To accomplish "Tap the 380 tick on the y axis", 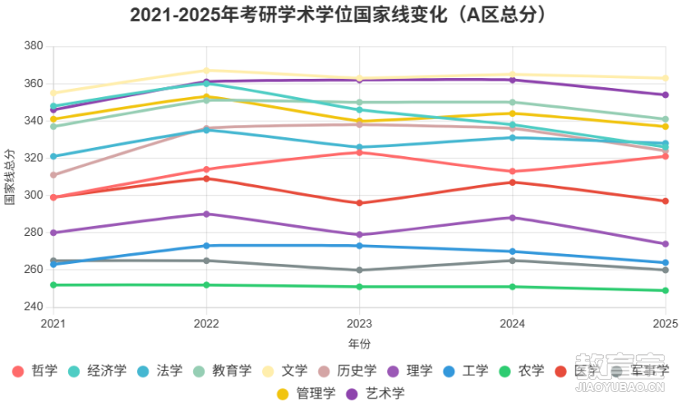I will pyautogui.click(x=33, y=46).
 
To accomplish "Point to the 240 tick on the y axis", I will pyautogui.click(x=33, y=307).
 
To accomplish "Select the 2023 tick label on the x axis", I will pyautogui.click(x=359, y=324).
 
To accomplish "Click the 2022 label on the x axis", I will pyautogui.click(x=206, y=324).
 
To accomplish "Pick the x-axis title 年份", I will pyautogui.click(x=359, y=343).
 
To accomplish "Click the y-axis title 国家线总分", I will pyautogui.click(x=10, y=177).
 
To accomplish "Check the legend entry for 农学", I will pyautogui.click(x=521, y=371).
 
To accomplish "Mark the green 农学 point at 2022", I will pyautogui.click(x=206, y=285).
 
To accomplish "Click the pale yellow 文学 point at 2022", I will pyautogui.click(x=206, y=71).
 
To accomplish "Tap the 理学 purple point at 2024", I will pyautogui.click(x=513, y=218).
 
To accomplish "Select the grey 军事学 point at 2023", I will pyautogui.click(x=359, y=270).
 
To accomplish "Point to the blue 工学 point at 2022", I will pyautogui.click(x=206, y=246).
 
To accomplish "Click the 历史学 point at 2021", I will pyautogui.click(x=53, y=175).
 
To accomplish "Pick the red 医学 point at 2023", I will pyautogui.click(x=359, y=203).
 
